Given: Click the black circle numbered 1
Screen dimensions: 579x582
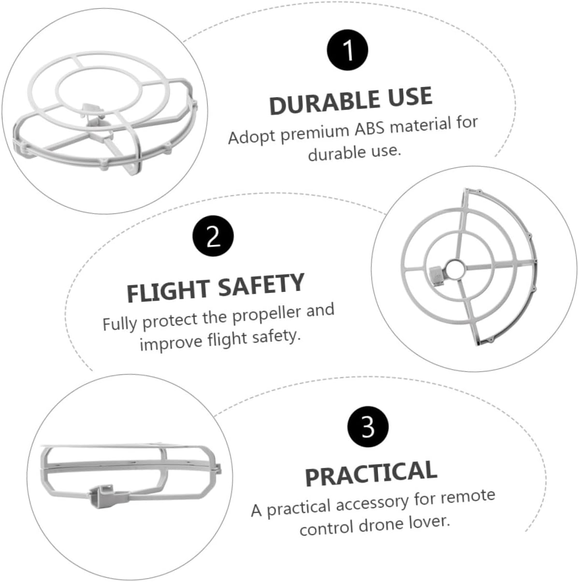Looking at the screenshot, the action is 347,50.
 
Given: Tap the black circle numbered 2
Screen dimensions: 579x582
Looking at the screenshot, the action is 213,236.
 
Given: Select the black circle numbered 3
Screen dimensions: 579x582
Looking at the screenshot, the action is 368,427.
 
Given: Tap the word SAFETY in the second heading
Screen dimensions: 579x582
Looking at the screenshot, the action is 261,285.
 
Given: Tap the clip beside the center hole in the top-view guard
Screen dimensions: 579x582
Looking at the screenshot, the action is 437,276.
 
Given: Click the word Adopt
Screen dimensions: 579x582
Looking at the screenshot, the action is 252,137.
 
